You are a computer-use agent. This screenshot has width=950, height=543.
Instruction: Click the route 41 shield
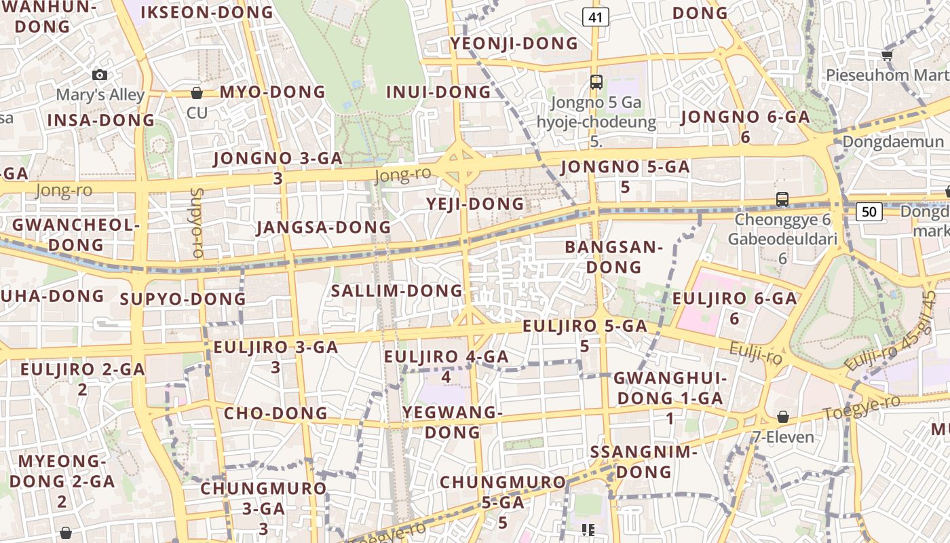click(595, 18)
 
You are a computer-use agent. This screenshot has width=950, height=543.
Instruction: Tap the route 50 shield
click(869, 212)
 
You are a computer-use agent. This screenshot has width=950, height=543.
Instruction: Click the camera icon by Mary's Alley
click(100, 75)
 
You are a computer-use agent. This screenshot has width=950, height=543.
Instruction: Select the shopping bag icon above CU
click(197, 92)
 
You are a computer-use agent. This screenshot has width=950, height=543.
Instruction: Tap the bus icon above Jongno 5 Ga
click(596, 82)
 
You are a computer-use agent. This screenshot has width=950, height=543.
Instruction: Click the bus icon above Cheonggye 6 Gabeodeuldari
click(782, 200)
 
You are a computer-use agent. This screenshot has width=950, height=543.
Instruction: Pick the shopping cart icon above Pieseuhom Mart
click(887, 55)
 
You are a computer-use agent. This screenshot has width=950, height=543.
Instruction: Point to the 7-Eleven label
click(783, 436)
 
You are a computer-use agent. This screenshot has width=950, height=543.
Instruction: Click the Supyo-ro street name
click(197, 223)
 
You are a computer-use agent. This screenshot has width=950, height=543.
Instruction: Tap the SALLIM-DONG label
click(396, 291)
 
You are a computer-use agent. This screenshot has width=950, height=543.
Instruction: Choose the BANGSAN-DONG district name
click(613, 257)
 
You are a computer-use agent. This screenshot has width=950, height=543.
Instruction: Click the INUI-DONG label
click(438, 92)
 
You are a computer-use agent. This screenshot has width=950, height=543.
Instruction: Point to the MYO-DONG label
click(273, 92)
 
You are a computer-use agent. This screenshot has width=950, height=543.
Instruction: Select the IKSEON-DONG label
click(206, 12)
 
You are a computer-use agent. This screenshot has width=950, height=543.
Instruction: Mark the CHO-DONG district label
click(275, 413)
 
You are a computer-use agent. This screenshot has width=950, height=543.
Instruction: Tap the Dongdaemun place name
click(893, 142)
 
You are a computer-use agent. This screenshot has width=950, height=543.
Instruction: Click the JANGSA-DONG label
click(324, 227)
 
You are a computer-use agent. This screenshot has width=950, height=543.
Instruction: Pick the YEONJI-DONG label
click(514, 43)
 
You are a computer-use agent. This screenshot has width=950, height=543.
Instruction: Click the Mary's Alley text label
click(100, 94)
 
